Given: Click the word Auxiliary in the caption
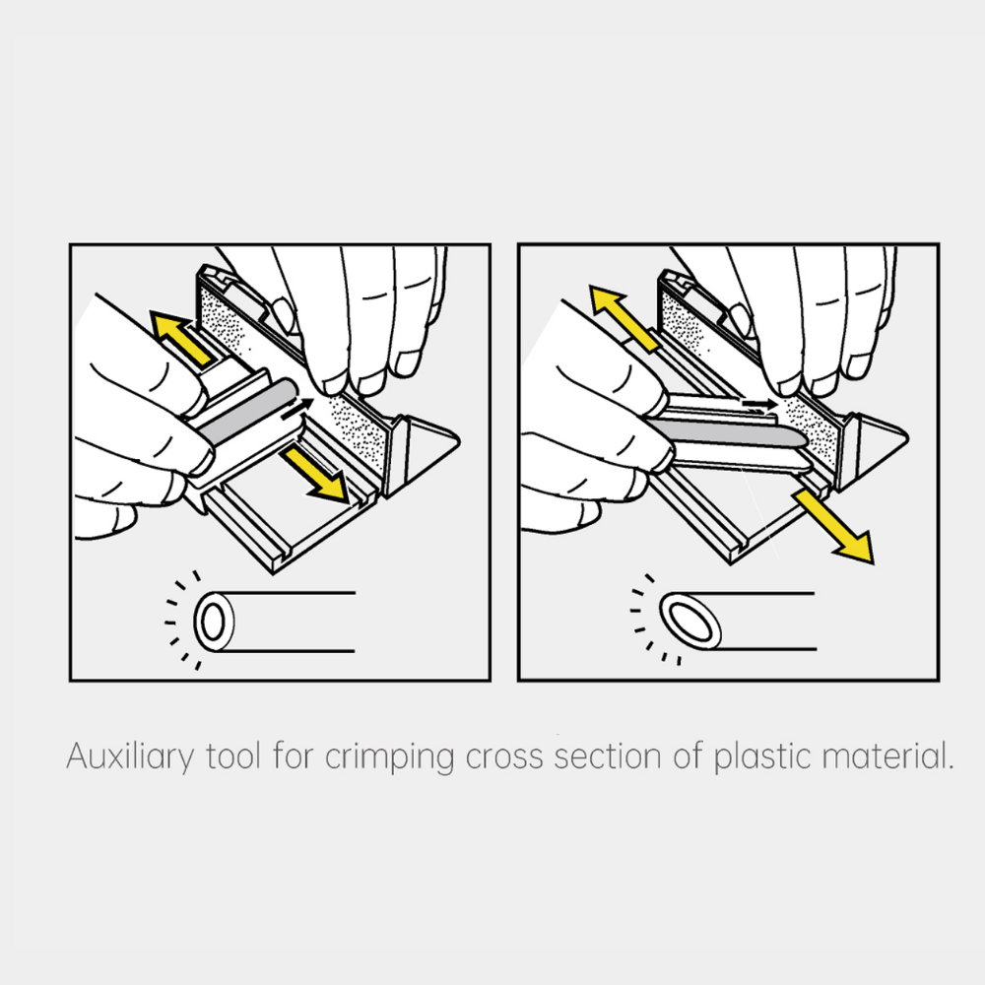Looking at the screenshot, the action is [131, 756].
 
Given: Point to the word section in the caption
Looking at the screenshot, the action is [608, 756].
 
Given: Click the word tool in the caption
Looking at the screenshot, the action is [233, 755].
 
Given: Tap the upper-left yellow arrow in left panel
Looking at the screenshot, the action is [181, 337].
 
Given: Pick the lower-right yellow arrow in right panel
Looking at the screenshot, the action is [833, 526].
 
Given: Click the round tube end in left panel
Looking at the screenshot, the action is [214, 622].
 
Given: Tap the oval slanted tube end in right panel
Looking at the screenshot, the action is [690, 622].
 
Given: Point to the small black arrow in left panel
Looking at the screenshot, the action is [297, 408].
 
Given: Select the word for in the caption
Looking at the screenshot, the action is [293, 755].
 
